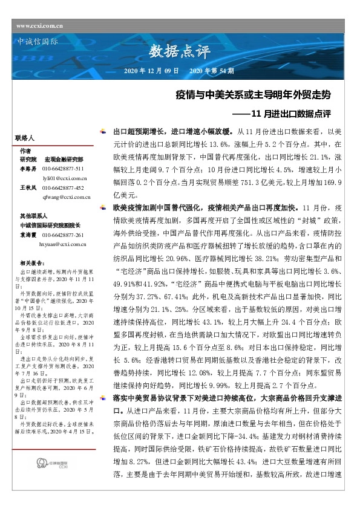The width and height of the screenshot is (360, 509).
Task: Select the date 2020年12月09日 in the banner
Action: tap(150, 71)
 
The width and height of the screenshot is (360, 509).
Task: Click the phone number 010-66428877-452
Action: tap(67, 188)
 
